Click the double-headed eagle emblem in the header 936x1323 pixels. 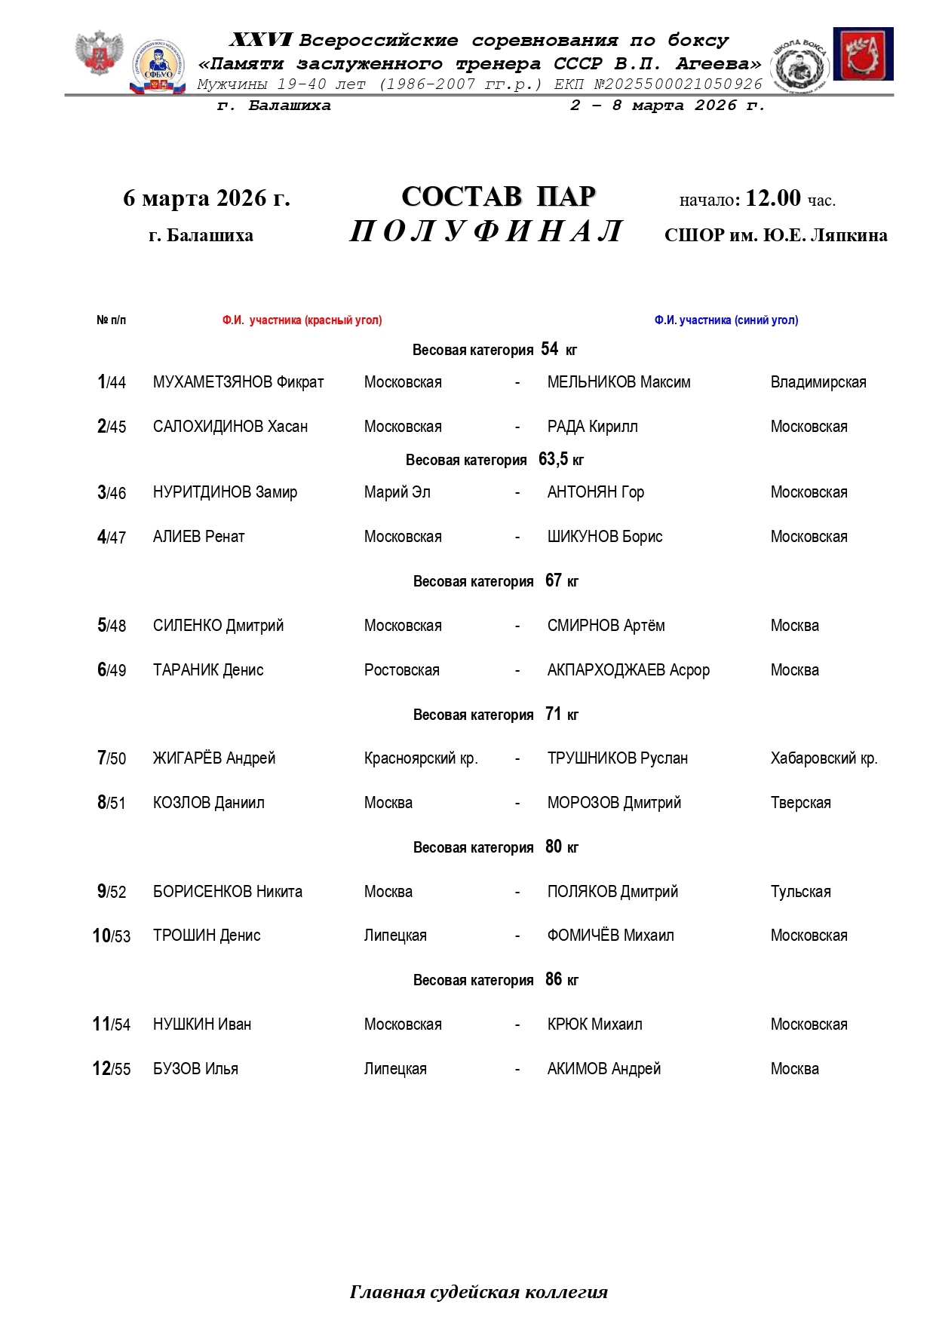pyautogui.click(x=99, y=53)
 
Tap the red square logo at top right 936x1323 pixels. pyautogui.click(x=863, y=54)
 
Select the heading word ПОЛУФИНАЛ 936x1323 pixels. pyautogui.click(x=486, y=231)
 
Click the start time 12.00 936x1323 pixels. pyautogui.click(x=772, y=198)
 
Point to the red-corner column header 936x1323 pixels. pyautogui.click(x=302, y=320)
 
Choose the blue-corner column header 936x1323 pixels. pyautogui.click(x=726, y=320)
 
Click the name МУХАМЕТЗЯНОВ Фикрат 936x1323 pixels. pyautogui.click(x=238, y=382)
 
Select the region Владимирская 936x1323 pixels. pyautogui.click(x=818, y=382)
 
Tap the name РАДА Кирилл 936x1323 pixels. pyautogui.click(x=592, y=427)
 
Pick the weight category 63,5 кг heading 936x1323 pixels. pyautogui.click(x=494, y=460)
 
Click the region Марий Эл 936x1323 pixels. pyautogui.click(x=397, y=492)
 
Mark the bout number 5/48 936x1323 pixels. pyautogui.click(x=112, y=626)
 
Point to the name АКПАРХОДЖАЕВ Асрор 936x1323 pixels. pyautogui.click(x=628, y=670)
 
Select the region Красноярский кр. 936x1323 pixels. pyautogui.click(x=421, y=758)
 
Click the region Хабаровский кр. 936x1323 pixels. pyautogui.click(x=824, y=758)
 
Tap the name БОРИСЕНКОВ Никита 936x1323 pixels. pyautogui.click(x=227, y=892)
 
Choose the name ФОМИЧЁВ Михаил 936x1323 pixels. pyautogui.click(x=610, y=936)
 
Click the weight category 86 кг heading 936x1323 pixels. pyautogui.click(x=496, y=980)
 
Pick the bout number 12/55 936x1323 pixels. pyautogui.click(x=112, y=1069)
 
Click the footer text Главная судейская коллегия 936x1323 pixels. pyautogui.click(x=478, y=1292)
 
